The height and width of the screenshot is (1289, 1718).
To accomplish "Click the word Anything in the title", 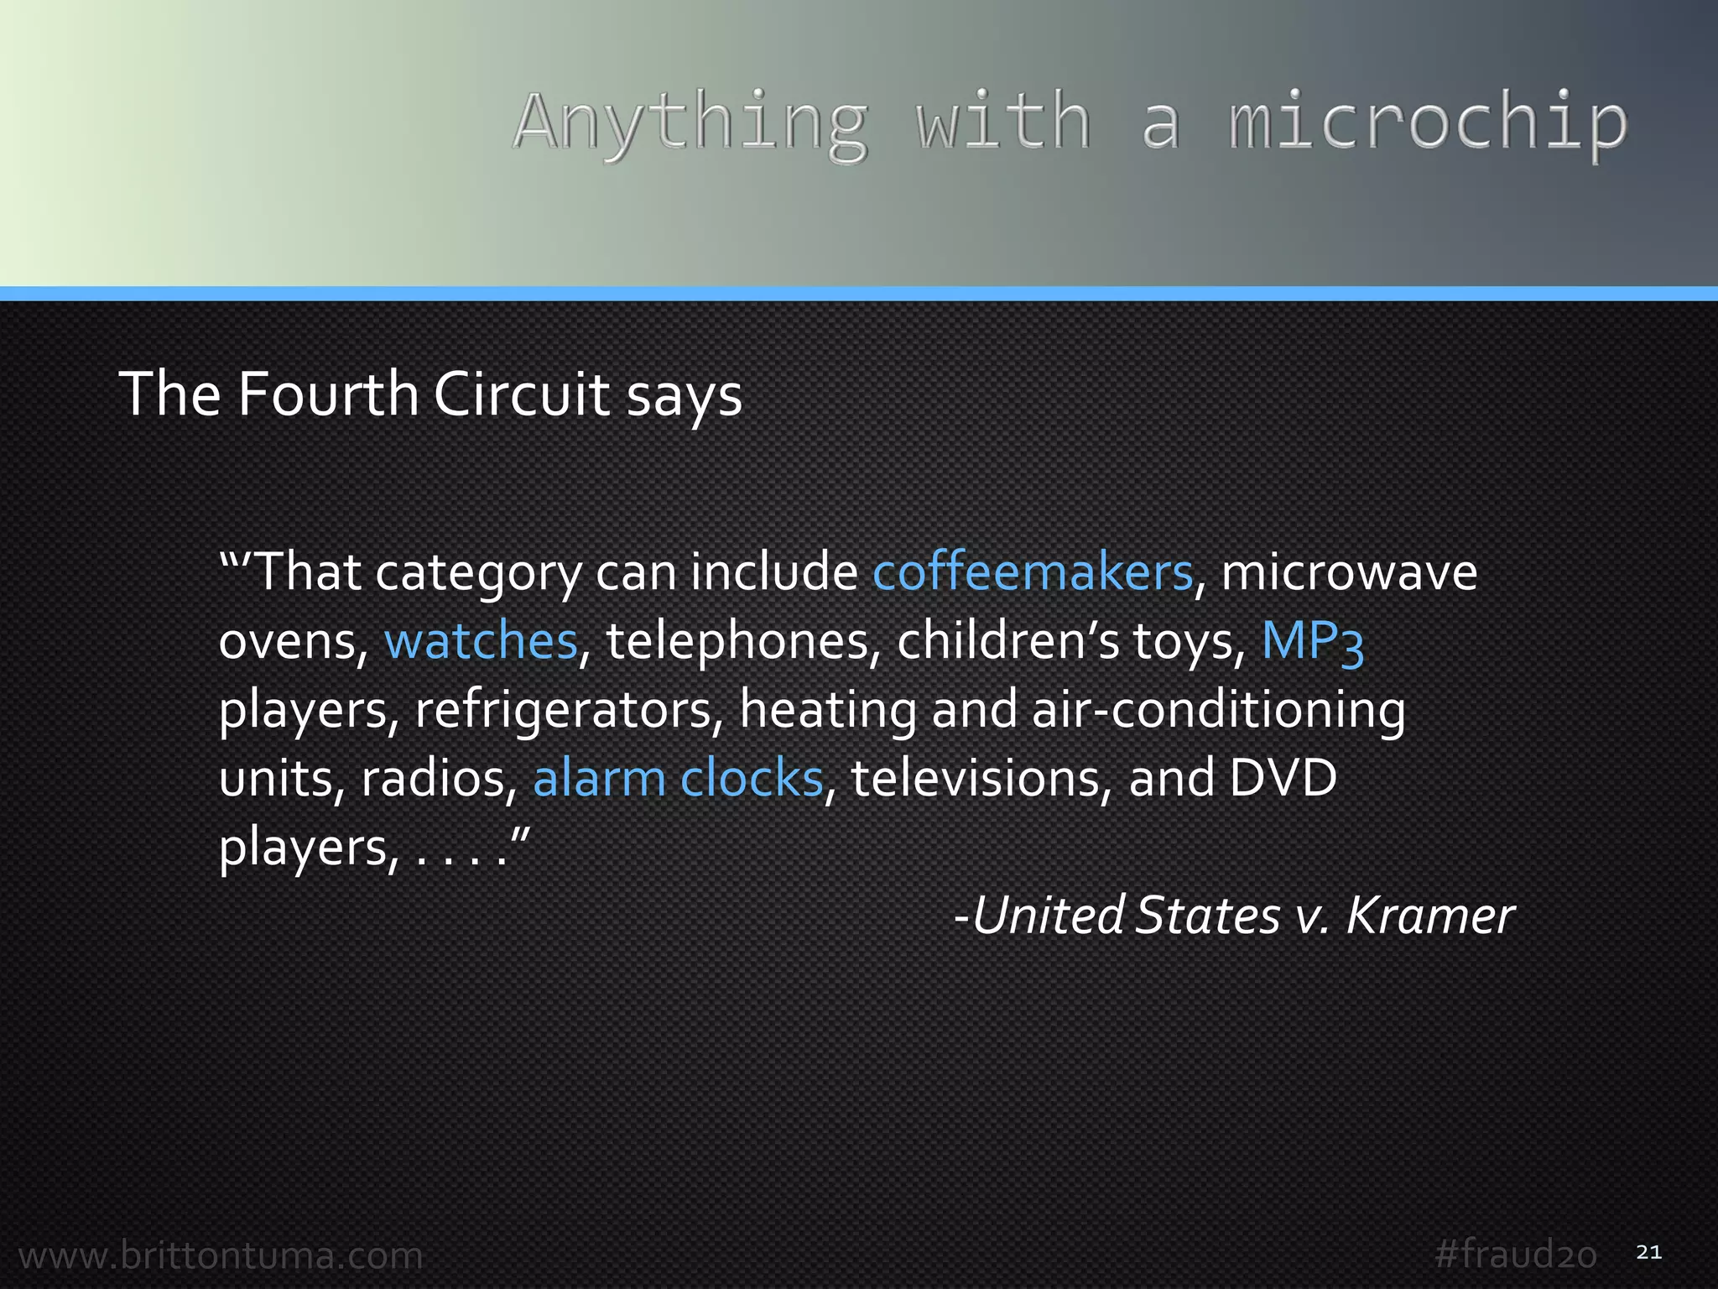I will [x=690, y=123].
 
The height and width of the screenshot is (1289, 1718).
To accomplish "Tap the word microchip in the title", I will [x=1428, y=123].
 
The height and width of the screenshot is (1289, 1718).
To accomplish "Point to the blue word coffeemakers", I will [x=1032, y=572].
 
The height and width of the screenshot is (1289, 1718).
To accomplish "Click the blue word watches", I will [x=481, y=641].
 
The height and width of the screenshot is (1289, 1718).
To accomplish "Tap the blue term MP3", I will [x=1313, y=641].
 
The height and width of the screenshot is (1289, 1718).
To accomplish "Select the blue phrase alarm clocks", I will [x=678, y=778].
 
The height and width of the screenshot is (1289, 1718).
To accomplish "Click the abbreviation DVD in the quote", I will [x=1283, y=778].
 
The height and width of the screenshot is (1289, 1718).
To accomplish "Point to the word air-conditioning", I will [x=1218, y=710].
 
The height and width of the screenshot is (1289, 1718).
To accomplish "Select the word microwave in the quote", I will [x=1349, y=572].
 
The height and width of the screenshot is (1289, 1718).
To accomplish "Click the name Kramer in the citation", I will [x=1430, y=915].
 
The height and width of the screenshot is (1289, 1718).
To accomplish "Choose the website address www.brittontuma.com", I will [x=221, y=1255].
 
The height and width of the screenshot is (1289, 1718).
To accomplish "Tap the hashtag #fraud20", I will [x=1515, y=1255].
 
